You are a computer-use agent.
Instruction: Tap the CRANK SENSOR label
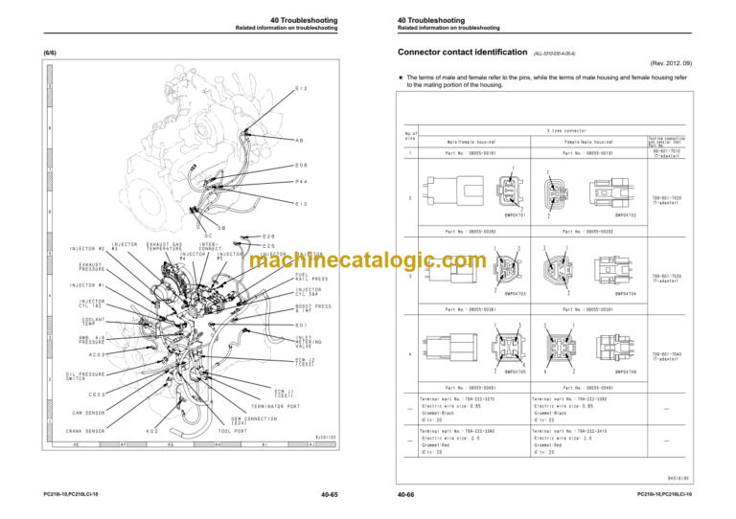(x=87, y=431)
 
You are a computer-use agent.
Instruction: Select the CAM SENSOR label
(x=89, y=414)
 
